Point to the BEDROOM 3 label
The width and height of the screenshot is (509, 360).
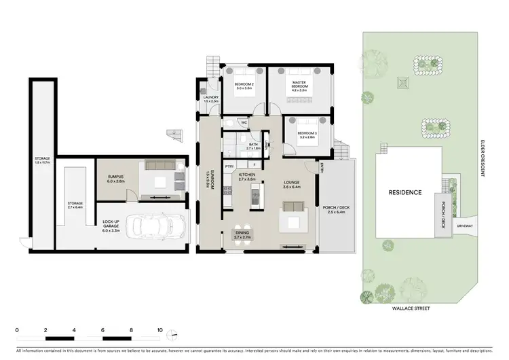(307, 134)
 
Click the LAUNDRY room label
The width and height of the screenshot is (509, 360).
(210, 98)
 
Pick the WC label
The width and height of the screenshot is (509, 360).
(242, 123)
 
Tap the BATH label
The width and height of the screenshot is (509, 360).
(253, 145)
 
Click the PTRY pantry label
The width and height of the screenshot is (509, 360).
(229, 165)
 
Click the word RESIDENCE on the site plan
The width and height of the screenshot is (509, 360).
(404, 192)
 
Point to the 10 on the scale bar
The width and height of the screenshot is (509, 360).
(159, 329)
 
